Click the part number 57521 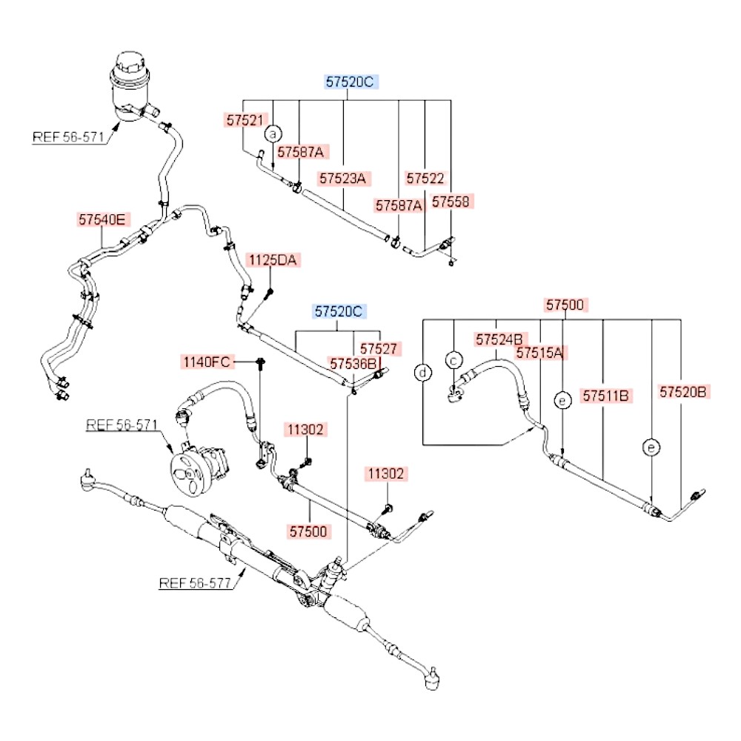tap(244, 119)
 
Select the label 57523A tap(345, 179)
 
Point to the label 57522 tap(425, 179)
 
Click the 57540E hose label tap(104, 219)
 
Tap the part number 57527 tap(380, 348)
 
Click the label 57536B tap(353, 363)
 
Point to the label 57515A tap(540, 353)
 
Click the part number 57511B tap(606, 396)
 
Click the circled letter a tap(273, 134)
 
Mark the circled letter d tap(422, 373)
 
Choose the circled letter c tap(453, 359)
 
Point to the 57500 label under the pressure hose tap(310, 531)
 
